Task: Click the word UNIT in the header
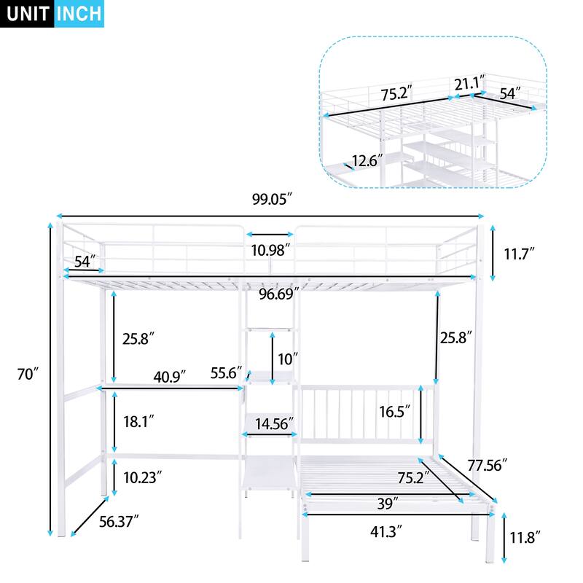pos(28,14)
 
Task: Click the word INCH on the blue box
pos(79,14)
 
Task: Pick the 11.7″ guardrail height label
pos(519,253)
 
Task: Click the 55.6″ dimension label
pos(225,372)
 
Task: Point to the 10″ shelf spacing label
pos(289,358)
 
